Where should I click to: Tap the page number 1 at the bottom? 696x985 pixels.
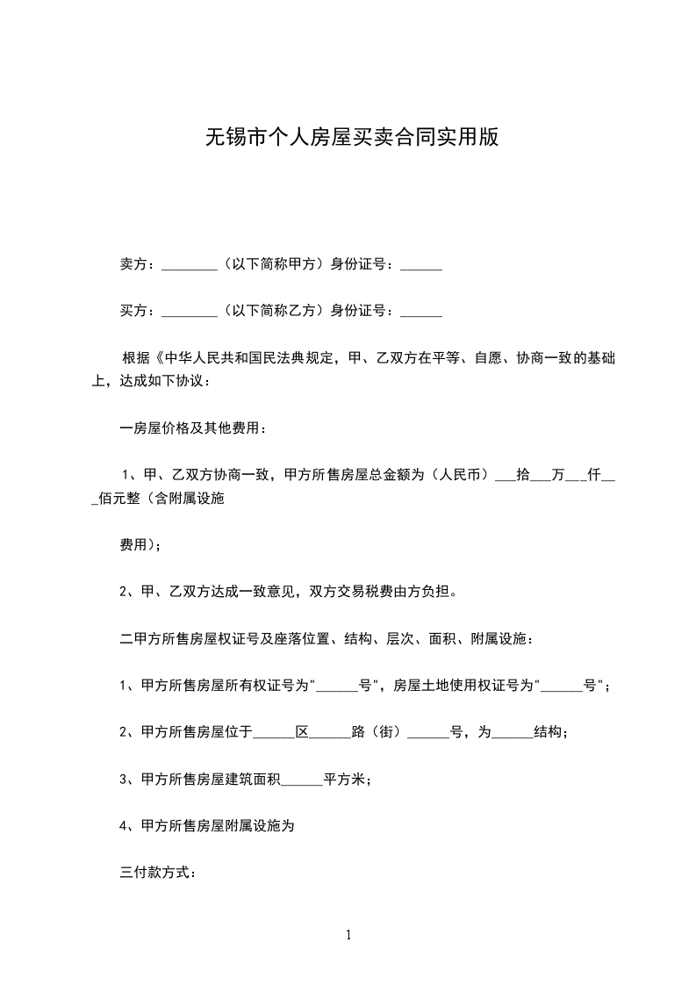click(x=348, y=935)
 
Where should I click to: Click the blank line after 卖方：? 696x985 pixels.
click(x=190, y=265)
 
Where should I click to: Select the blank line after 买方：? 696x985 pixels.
click(x=190, y=312)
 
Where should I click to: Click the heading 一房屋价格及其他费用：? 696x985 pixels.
click(x=192, y=428)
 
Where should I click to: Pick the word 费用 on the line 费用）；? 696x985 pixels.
click(x=133, y=545)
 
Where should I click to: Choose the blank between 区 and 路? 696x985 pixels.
click(x=331, y=732)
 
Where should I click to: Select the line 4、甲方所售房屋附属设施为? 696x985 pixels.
click(x=212, y=826)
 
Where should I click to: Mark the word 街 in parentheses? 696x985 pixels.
click(x=384, y=732)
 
